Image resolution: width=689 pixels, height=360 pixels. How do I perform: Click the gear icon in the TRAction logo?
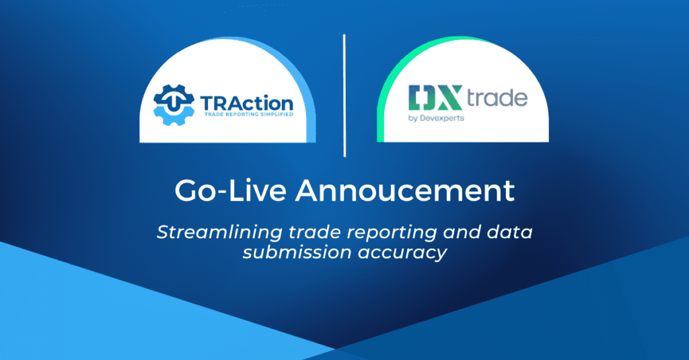tap(174, 105)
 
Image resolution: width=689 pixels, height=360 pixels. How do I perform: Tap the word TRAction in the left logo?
tap(247, 104)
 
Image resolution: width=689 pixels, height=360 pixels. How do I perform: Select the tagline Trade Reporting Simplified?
tap(249, 114)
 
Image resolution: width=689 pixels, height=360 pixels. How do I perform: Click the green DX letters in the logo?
tap(435, 98)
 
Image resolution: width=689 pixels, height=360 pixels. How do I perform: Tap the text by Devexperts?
tap(436, 118)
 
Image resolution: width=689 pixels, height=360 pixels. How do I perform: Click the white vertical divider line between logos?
tap(344, 96)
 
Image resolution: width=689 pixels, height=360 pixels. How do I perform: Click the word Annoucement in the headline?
tap(404, 191)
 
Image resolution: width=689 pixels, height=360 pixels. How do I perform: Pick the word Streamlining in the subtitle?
tap(219, 233)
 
